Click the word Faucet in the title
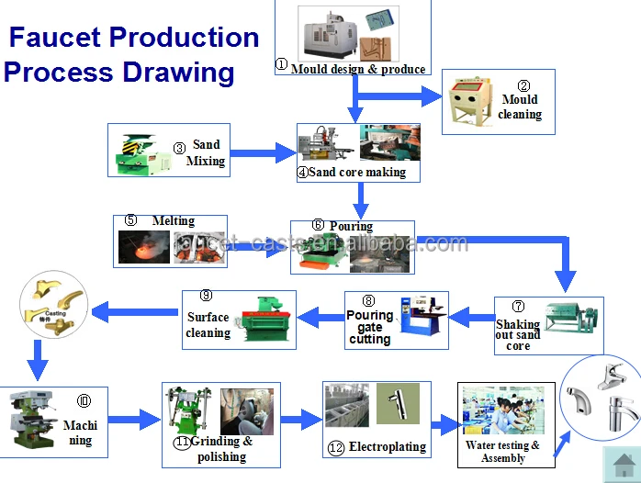click(56, 38)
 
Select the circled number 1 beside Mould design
click(282, 65)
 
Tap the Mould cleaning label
click(520, 107)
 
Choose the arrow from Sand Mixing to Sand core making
click(261, 152)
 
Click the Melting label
click(173, 220)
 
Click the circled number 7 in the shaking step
click(518, 306)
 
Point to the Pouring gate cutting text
click(370, 327)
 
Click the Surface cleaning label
click(208, 325)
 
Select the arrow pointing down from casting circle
click(37, 359)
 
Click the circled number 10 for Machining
click(84, 400)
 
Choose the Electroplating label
click(388, 447)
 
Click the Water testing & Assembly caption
click(502, 452)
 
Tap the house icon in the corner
click(621, 463)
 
